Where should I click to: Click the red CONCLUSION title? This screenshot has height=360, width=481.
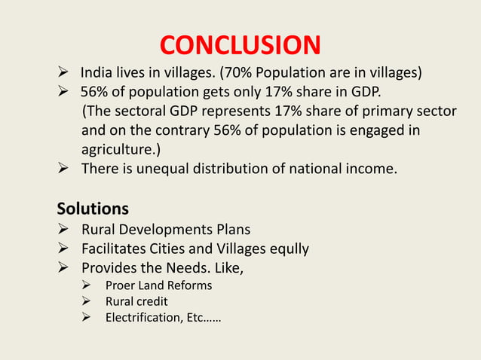240,46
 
